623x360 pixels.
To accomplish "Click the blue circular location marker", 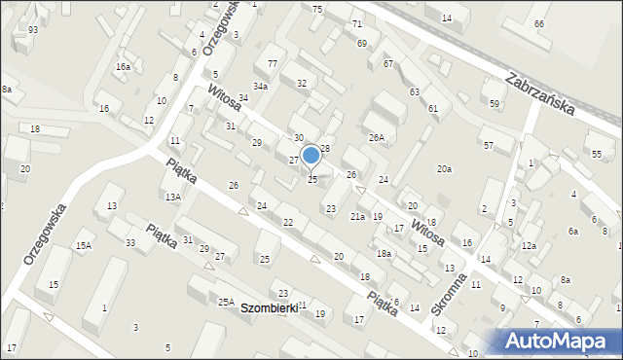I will click(311, 155).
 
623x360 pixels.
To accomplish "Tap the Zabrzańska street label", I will click(541, 94).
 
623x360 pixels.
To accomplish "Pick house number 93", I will click(33, 30).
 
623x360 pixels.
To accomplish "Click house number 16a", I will click(123, 67).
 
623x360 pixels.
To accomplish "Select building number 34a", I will click(260, 87).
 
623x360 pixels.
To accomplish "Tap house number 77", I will click(273, 64).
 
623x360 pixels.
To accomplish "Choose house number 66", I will click(538, 23).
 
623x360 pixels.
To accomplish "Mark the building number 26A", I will click(377, 137).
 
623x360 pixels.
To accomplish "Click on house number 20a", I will click(444, 169).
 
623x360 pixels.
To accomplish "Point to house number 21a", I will click(357, 216).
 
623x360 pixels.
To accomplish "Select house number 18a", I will click(385, 253).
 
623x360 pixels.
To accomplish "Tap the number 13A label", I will click(172, 197).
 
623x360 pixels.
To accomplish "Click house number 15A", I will click(84, 245).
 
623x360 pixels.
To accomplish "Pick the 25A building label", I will click(226, 303).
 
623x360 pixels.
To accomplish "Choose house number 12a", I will click(528, 246).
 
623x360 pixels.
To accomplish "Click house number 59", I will click(495, 103).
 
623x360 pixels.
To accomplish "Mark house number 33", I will click(129, 242).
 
